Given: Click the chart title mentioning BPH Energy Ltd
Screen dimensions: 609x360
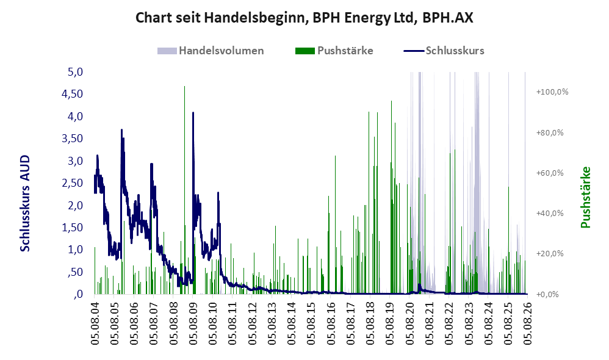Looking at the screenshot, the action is pyautogui.click(x=304, y=18).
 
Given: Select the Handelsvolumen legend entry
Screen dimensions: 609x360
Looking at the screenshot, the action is pyautogui.click(x=211, y=51).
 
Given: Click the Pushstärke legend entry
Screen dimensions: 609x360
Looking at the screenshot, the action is pyautogui.click(x=334, y=51).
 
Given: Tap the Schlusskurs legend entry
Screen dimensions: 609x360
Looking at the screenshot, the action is pyautogui.click(x=444, y=51).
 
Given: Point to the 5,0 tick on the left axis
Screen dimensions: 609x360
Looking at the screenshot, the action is pyautogui.click(x=75, y=72).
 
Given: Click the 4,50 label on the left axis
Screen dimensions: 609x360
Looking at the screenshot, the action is pyautogui.click(x=73, y=95).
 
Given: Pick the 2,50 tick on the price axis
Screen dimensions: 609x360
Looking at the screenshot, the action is pyautogui.click(x=73, y=183).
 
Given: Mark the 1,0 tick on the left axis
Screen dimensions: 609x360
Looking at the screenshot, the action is pyautogui.click(x=75, y=250).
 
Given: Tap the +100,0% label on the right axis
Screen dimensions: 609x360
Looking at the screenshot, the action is pyautogui.click(x=552, y=92).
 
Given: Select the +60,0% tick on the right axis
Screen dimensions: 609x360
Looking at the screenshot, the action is pyautogui.click(x=550, y=173).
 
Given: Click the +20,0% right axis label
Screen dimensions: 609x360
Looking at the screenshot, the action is pyautogui.click(x=550, y=254).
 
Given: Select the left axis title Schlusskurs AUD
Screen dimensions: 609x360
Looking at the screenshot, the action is pyautogui.click(x=25, y=203).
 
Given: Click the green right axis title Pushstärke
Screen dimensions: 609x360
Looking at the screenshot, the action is pyautogui.click(x=585, y=197).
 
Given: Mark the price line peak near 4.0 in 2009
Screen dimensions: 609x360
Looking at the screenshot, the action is pyautogui.click(x=193, y=113).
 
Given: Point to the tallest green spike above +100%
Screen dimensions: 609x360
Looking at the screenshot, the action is pyautogui.click(x=184, y=86).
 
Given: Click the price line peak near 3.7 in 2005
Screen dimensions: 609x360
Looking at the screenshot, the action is pyautogui.click(x=121, y=130).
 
